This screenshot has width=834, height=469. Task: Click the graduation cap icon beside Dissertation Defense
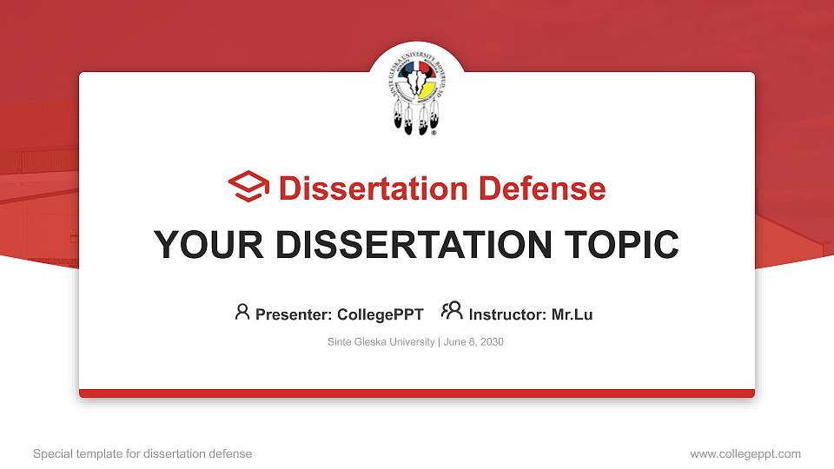pyautogui.click(x=248, y=187)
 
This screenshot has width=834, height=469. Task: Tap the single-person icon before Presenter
pyautogui.click(x=242, y=312)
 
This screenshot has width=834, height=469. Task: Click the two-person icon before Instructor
pyautogui.click(x=452, y=312)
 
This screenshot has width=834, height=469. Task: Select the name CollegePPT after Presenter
pyautogui.click(x=381, y=314)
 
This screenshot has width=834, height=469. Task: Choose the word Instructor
pyautogui.click(x=507, y=314)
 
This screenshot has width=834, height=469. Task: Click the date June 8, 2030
pyautogui.click(x=473, y=342)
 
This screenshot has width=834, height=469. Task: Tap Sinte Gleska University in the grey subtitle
pyautogui.click(x=381, y=342)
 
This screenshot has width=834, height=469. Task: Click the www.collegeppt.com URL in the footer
pyautogui.click(x=745, y=453)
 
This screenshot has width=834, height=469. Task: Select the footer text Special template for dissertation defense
pyautogui.click(x=142, y=453)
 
